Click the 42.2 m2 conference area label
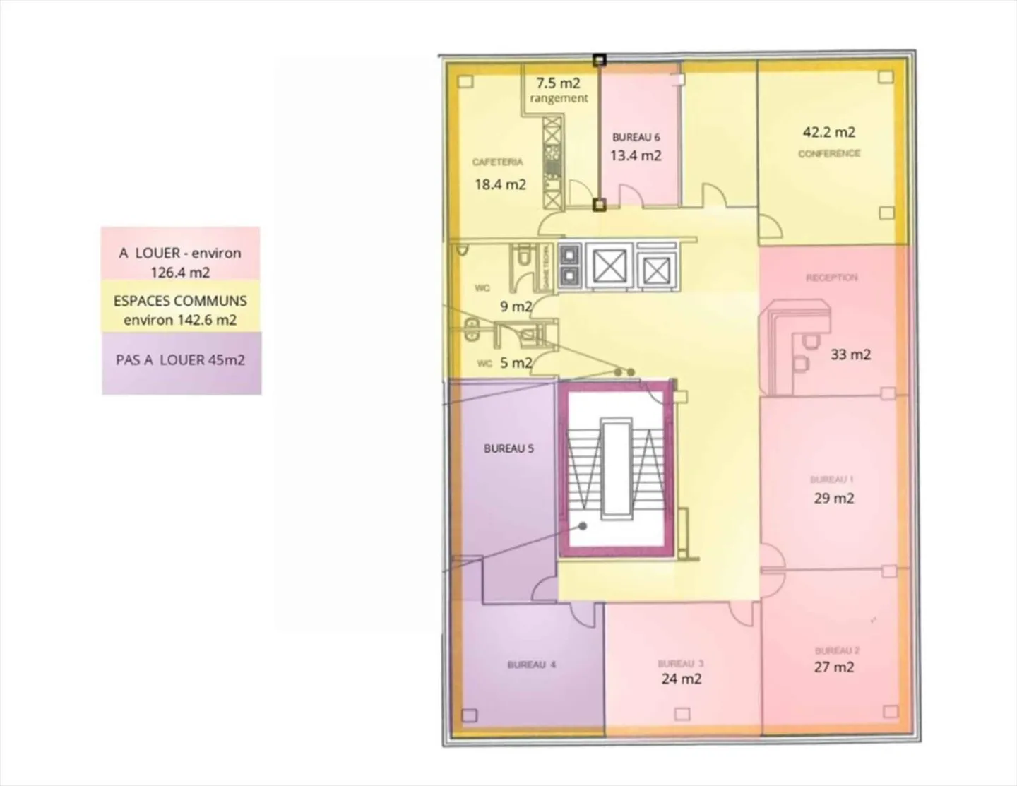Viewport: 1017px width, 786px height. pyautogui.click(x=828, y=132)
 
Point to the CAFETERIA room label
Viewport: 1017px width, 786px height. pyautogui.click(x=498, y=162)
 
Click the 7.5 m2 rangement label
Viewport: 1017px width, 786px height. pyautogui.click(x=558, y=90)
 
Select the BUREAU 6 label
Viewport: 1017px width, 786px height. pyautogui.click(x=636, y=138)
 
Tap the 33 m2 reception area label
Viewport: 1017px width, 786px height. pyautogui.click(x=850, y=355)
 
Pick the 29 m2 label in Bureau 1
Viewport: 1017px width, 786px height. pyautogui.click(x=834, y=499)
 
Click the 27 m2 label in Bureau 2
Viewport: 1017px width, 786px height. pyautogui.click(x=834, y=667)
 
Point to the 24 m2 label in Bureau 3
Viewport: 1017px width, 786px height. pyautogui.click(x=682, y=679)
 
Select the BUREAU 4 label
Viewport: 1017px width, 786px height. pyautogui.click(x=531, y=665)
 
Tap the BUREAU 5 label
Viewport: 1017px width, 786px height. pyautogui.click(x=509, y=449)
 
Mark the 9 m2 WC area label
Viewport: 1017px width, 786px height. pyautogui.click(x=516, y=307)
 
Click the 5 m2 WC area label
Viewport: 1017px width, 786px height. pyautogui.click(x=516, y=363)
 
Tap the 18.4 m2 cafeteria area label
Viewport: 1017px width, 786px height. pyautogui.click(x=500, y=185)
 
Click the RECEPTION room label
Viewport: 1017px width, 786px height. pyautogui.click(x=832, y=278)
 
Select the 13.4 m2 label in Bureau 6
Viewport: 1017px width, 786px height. pyautogui.click(x=636, y=156)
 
